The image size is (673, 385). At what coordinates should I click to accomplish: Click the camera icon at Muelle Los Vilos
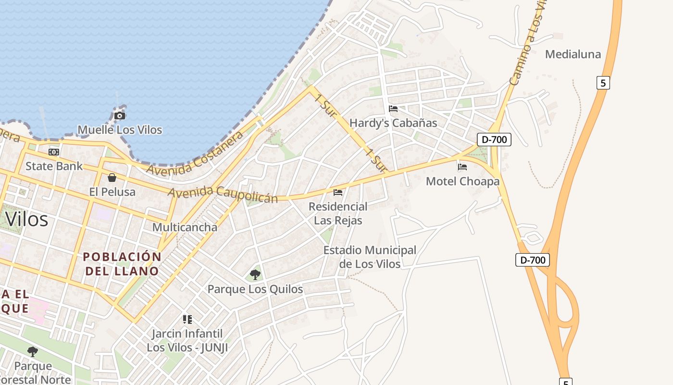click(x=120, y=115)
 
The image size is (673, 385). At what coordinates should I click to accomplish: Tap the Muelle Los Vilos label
click(x=120, y=130)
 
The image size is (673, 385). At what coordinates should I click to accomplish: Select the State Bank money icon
click(x=54, y=152)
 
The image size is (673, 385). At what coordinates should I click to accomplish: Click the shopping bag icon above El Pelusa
click(x=112, y=178)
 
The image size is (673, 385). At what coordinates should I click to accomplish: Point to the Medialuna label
click(x=573, y=54)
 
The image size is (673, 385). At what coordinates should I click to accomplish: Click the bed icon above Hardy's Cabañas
click(x=393, y=109)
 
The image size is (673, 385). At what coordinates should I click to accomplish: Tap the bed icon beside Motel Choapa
click(x=462, y=167)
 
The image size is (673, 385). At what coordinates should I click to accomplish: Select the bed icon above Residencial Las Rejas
click(x=338, y=192)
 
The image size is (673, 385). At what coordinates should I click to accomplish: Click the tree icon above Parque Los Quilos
click(x=255, y=275)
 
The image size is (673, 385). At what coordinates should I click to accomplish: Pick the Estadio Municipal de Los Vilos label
click(x=370, y=257)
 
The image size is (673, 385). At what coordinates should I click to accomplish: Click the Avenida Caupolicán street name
click(x=223, y=194)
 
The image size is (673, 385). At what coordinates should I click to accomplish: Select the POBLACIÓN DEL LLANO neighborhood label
click(x=123, y=264)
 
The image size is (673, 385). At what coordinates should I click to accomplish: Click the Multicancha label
click(x=185, y=227)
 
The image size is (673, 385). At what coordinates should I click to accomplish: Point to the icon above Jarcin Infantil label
click(x=187, y=319)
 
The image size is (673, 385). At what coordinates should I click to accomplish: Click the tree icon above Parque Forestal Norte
click(x=33, y=352)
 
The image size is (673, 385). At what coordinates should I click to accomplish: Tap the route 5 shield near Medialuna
click(x=603, y=83)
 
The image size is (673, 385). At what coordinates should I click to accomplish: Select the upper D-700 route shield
click(x=494, y=140)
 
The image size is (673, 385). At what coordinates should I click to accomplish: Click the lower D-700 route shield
click(x=532, y=260)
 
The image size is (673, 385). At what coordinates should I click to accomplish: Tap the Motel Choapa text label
click(x=462, y=181)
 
